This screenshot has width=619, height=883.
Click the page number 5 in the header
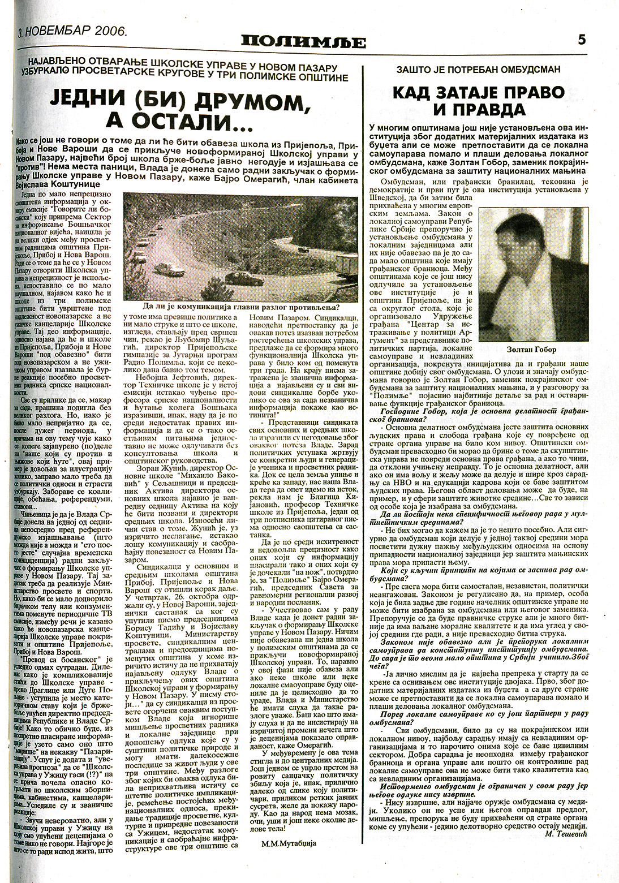click(582, 41)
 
